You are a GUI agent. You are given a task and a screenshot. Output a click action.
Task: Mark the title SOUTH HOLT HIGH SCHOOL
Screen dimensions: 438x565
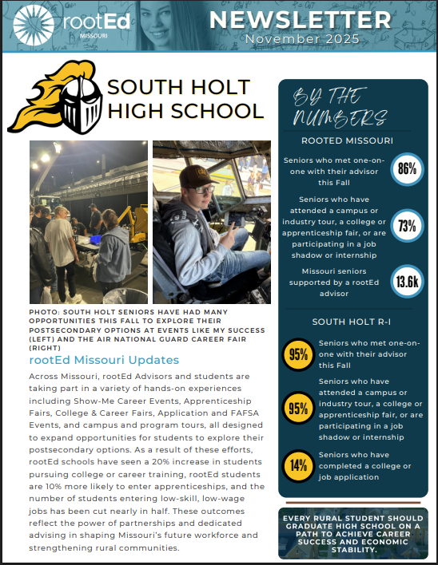185,99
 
